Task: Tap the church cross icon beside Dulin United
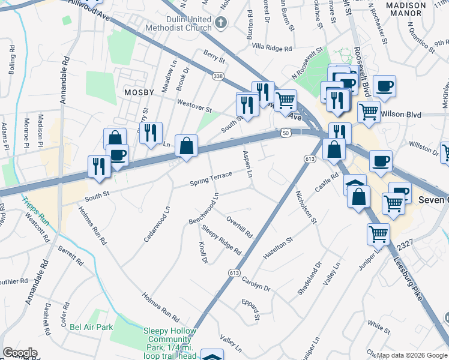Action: pos(221,24)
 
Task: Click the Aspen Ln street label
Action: pos(247,164)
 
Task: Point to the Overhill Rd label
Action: pos(240,227)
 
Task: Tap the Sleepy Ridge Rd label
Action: pos(221,239)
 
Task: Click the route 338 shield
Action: pos(217,76)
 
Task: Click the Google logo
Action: pos(20,353)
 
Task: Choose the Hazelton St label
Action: pos(277,248)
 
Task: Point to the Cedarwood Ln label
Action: pos(157,226)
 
